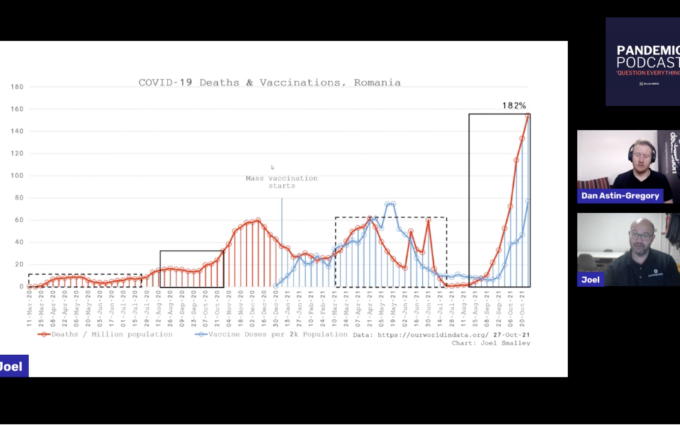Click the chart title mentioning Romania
coord(269,82)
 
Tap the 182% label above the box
coord(514,106)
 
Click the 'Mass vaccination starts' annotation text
coord(281,182)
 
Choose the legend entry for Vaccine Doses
coord(271,334)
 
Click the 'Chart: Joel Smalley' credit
coord(490,343)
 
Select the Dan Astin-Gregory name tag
coord(620,196)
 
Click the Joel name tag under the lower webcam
coord(591,280)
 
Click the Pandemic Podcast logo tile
coord(642,61)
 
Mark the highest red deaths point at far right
coord(528,116)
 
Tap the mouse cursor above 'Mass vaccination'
coord(272,167)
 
